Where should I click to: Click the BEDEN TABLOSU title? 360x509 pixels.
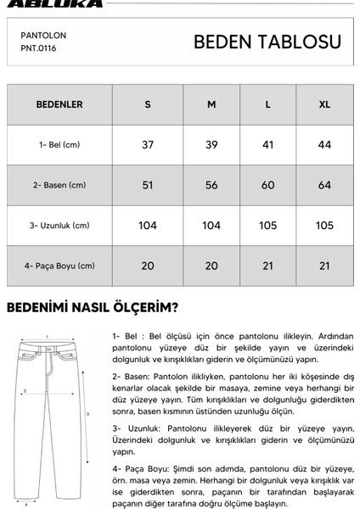pos(267,42)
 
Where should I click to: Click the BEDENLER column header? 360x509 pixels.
pos(59,105)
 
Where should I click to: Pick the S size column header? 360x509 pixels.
pos(148,105)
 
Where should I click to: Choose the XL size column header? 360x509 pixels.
pos(324,105)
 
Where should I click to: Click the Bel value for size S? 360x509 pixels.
pos(148,145)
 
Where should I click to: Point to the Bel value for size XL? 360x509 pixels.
pos(324,145)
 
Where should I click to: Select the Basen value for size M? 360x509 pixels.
pos(211,185)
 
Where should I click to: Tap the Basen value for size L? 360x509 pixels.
pos(268,185)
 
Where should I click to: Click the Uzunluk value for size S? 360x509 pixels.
pos(148,225)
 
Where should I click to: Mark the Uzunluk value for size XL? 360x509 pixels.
pos(324,225)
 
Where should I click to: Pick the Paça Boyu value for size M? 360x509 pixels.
pos(211,266)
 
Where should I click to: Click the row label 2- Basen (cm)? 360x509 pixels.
pos(59,185)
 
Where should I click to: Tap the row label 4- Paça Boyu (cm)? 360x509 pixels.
pos(59,266)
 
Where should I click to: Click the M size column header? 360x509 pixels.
pos(211,105)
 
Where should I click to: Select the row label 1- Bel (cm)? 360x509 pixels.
pos(59,145)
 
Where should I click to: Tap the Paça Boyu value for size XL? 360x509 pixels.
pos(324,266)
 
